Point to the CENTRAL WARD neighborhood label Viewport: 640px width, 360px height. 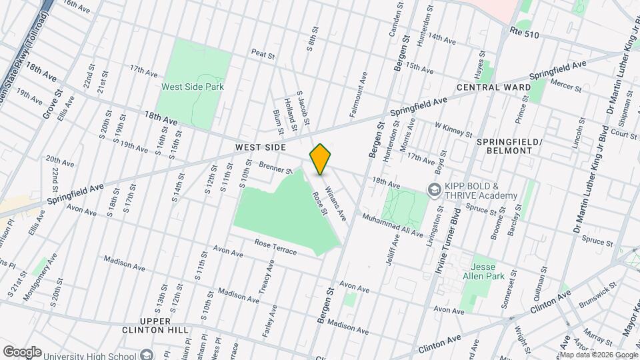(x=493, y=87)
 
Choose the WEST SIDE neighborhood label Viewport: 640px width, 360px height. (x=261, y=147)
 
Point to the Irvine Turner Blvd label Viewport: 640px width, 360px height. (x=457, y=227)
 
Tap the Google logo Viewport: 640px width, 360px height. (x=22, y=351)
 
